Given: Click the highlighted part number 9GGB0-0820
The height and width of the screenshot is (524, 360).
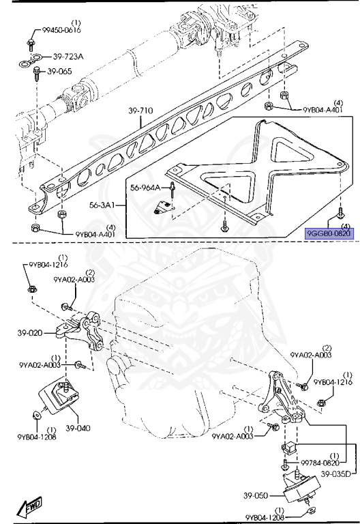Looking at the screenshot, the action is click(329, 233).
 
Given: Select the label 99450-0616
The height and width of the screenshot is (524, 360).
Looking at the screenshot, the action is click(61, 30).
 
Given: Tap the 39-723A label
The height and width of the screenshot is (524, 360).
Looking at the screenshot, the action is click(67, 57).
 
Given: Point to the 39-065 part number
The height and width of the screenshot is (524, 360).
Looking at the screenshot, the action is click(59, 71).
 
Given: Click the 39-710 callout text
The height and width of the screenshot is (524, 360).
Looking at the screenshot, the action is click(140, 111).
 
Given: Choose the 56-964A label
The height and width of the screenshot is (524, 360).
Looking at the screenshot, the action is click(145, 188).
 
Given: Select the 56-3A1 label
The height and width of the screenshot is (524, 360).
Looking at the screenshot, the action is click(102, 205).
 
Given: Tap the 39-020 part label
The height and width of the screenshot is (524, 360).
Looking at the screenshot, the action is click(30, 333).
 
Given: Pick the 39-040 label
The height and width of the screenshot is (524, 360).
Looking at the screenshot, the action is click(78, 428).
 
